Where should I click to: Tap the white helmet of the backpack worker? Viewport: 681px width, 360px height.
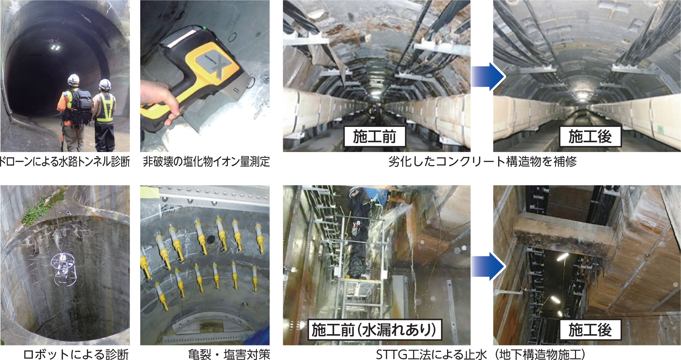[x=74, y=79]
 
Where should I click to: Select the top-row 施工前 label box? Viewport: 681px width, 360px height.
[x=374, y=137]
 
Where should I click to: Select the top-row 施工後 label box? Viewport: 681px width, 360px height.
[x=590, y=137]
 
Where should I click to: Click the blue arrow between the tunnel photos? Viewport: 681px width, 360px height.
[x=488, y=76]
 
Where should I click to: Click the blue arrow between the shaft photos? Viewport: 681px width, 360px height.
[x=488, y=266]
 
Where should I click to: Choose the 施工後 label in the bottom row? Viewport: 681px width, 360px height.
[x=590, y=330]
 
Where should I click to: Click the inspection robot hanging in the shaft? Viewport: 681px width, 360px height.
[x=64, y=269]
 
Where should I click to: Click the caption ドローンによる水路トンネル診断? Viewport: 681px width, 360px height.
[x=65, y=162]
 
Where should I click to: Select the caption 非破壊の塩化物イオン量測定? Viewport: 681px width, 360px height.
[x=206, y=162]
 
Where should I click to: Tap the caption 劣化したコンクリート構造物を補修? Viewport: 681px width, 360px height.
[x=482, y=162]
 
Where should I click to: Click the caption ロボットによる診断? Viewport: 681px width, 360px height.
[x=76, y=354]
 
